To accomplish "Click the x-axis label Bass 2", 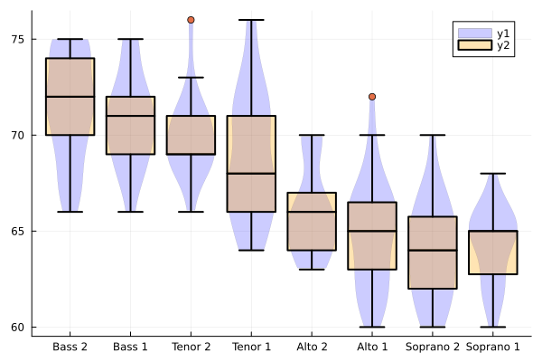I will click(x=70, y=347).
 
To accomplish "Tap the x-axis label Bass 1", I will click(x=131, y=347).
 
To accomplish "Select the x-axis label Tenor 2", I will click(x=191, y=347).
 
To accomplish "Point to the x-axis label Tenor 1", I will click(x=251, y=347).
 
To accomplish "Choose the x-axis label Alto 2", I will click(x=312, y=347).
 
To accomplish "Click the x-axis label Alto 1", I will click(x=371, y=347).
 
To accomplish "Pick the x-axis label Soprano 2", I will click(x=432, y=347).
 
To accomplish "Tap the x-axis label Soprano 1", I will click(x=492, y=347).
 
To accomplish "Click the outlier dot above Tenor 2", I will click(x=191, y=20).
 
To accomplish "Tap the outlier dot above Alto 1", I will click(x=371, y=97).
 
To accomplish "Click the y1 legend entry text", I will click(x=503, y=33).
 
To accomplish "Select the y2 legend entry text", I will click(x=503, y=47).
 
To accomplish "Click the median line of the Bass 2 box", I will click(x=70, y=97).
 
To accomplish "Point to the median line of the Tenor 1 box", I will click(x=251, y=173).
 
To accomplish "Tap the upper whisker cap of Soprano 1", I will click(x=492, y=173).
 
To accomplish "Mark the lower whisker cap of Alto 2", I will click(x=312, y=269).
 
